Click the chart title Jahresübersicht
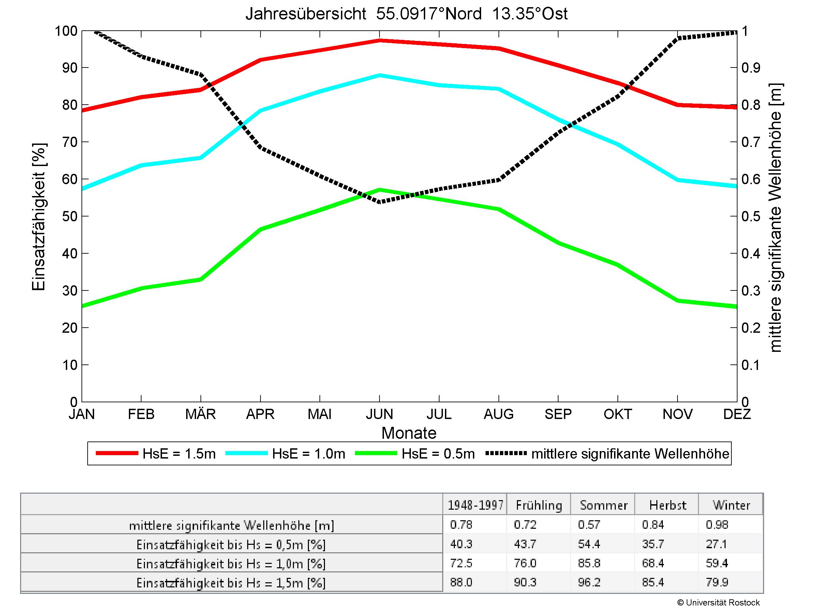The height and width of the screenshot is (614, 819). click(406, 14)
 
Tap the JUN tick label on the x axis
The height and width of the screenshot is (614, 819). click(379, 414)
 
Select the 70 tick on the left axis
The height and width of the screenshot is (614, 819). click(70, 142)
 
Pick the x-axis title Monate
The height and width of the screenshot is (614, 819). click(409, 433)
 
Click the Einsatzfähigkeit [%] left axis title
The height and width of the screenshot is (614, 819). click(39, 216)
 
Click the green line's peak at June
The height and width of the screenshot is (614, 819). click(379, 190)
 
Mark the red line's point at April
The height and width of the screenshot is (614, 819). click(260, 60)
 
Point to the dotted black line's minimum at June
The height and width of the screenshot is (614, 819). click(379, 202)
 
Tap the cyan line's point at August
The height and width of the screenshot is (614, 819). click(499, 89)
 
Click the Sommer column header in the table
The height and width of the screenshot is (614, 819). click(604, 506)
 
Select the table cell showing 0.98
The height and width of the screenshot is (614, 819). click(717, 525)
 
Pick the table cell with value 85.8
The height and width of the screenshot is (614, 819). click(589, 563)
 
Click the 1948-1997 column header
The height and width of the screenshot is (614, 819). click(475, 506)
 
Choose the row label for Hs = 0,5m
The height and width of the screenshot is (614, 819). click(231, 545)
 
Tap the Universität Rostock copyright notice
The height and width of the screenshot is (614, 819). click(718, 602)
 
